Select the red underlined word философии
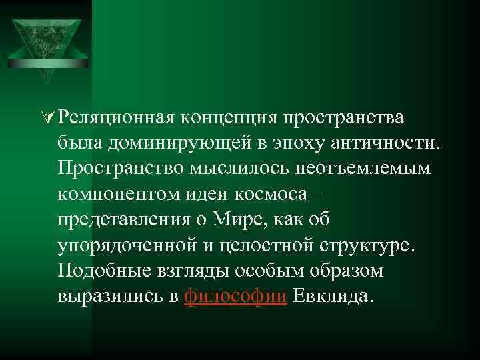pyautogui.click(x=235, y=298)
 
